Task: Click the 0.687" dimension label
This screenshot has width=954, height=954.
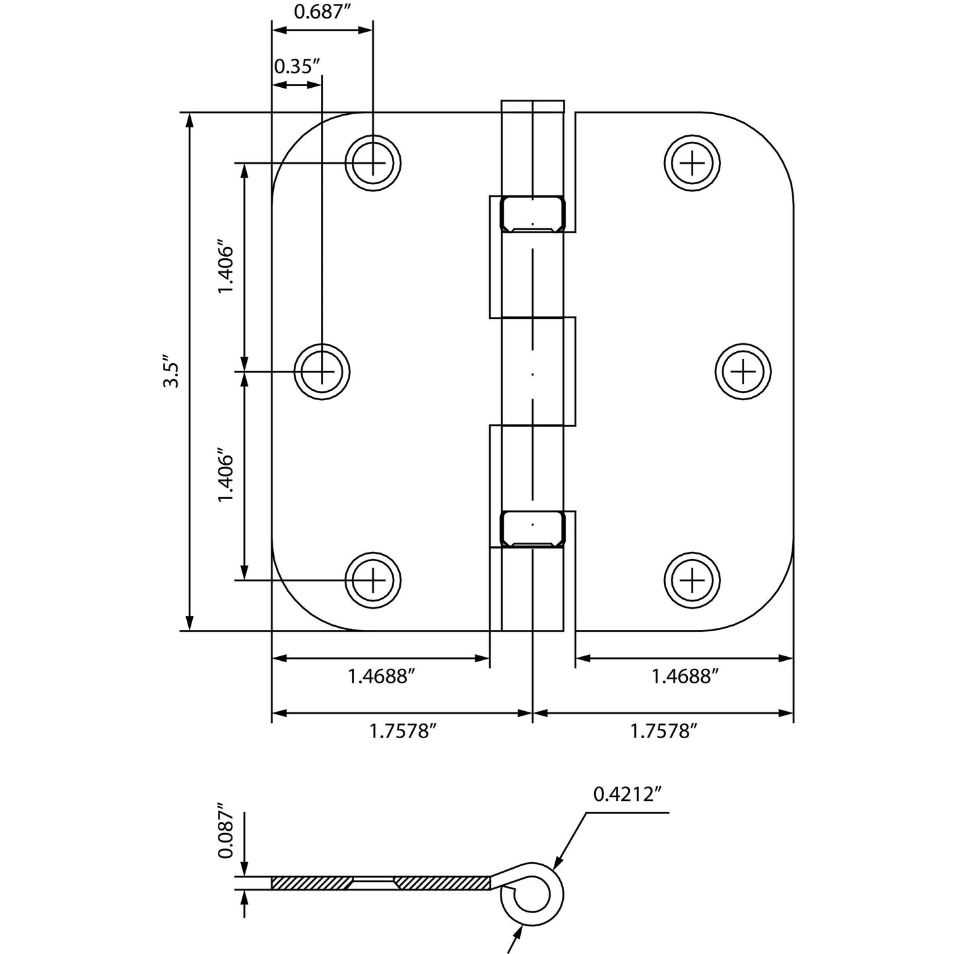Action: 321,13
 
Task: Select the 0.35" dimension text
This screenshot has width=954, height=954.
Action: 297,66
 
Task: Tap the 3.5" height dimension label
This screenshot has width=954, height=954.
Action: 170,374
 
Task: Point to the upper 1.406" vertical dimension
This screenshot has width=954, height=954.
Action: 226,270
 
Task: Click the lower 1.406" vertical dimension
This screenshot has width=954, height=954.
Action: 226,477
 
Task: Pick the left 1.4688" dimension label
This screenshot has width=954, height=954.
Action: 382,676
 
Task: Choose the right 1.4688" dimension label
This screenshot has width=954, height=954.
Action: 685,676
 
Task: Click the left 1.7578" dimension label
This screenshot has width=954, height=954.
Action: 403,731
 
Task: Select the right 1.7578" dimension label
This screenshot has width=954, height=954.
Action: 664,731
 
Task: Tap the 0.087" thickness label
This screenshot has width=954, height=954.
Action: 226,830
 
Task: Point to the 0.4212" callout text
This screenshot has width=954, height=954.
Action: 627,794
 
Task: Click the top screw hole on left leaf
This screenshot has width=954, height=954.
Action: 374,162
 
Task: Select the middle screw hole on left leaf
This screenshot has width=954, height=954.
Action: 322,372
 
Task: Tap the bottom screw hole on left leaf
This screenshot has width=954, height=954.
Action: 374,580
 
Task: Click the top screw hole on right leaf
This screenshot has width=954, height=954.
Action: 692,162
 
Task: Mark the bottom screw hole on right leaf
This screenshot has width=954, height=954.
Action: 692,580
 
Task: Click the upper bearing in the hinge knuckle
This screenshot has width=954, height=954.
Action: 533,215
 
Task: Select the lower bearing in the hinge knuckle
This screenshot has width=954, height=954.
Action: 533,529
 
